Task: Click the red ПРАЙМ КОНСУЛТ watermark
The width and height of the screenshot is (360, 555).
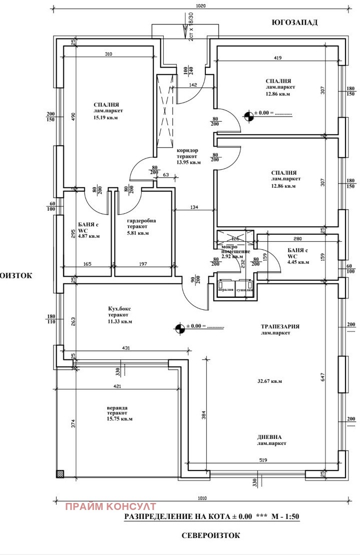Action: coord(111,507)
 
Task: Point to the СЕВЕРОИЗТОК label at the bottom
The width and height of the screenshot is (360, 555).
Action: coord(211,535)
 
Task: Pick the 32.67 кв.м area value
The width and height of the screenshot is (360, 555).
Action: coord(269,381)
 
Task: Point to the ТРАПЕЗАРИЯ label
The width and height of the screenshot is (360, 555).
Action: coord(280,326)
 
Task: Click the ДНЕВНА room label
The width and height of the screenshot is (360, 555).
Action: coord(270,436)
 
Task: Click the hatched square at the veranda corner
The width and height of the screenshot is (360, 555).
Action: coord(60,473)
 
